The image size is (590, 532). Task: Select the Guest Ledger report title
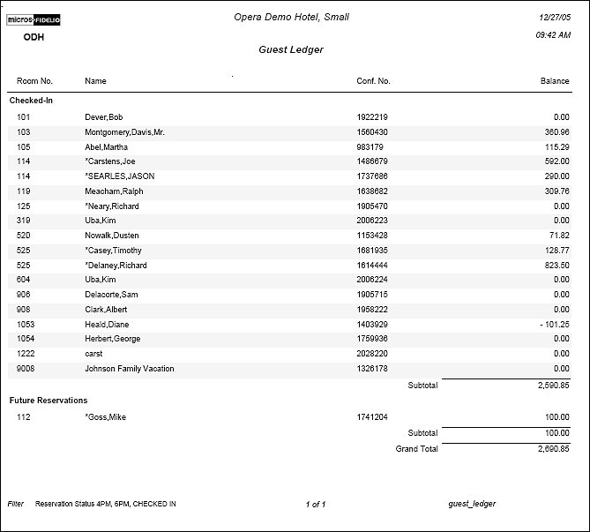coord(291,49)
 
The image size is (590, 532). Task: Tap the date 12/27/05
coord(556,17)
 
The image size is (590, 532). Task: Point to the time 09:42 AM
coord(554,35)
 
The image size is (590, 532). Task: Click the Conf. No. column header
coord(373,81)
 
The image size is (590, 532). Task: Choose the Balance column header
coord(555,81)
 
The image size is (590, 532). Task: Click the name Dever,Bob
coord(104,117)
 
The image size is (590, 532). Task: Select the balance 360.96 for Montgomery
coord(556,132)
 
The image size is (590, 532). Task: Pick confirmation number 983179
coord(370,147)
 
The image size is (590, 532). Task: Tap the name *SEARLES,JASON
coord(119,176)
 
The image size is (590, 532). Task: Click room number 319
coord(24,221)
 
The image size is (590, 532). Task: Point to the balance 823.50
coord(556,266)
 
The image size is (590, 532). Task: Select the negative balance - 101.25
coord(554,325)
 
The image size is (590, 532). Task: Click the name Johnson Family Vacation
coord(130,369)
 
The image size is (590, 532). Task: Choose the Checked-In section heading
coord(31,101)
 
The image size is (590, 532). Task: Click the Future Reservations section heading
coord(49,401)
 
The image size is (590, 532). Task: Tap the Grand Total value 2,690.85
coord(551,449)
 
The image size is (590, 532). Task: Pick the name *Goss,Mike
coord(105,417)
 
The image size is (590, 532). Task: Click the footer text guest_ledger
coord(472,504)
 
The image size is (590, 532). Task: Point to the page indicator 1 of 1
coord(316,505)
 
